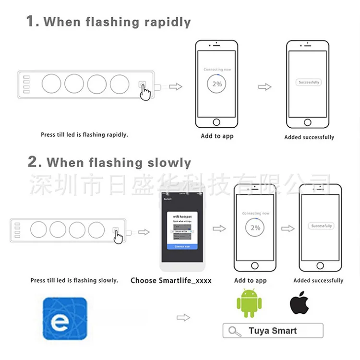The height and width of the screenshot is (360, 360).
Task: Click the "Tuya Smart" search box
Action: pos(273,331)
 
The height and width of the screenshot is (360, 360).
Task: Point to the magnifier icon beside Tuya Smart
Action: pos(235,331)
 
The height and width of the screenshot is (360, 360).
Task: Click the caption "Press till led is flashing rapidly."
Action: pos(84,135)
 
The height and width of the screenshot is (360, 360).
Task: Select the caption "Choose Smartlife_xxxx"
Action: pos(171,280)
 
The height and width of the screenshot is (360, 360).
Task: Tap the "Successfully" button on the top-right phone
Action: pos(309,83)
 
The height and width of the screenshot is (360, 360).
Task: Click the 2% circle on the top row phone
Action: pos(217,84)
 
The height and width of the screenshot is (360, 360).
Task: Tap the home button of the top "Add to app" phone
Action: pos(217,122)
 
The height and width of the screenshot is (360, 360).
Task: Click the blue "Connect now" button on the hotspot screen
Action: pos(182,246)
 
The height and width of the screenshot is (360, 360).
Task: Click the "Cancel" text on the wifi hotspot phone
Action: pos(168,199)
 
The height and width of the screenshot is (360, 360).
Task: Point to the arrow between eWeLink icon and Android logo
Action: pos(183,317)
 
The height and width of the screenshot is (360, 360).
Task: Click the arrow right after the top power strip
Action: pos(176,86)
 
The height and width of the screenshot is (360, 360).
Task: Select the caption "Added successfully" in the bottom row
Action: pos(318,280)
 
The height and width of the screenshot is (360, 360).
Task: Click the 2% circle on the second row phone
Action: pos(255,227)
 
